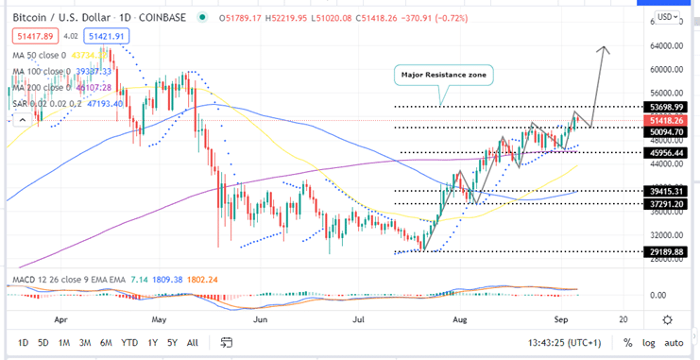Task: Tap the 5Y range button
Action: (171, 342)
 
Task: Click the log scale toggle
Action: (647, 342)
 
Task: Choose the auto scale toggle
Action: (674, 342)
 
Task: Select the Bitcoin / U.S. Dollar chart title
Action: (51, 16)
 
